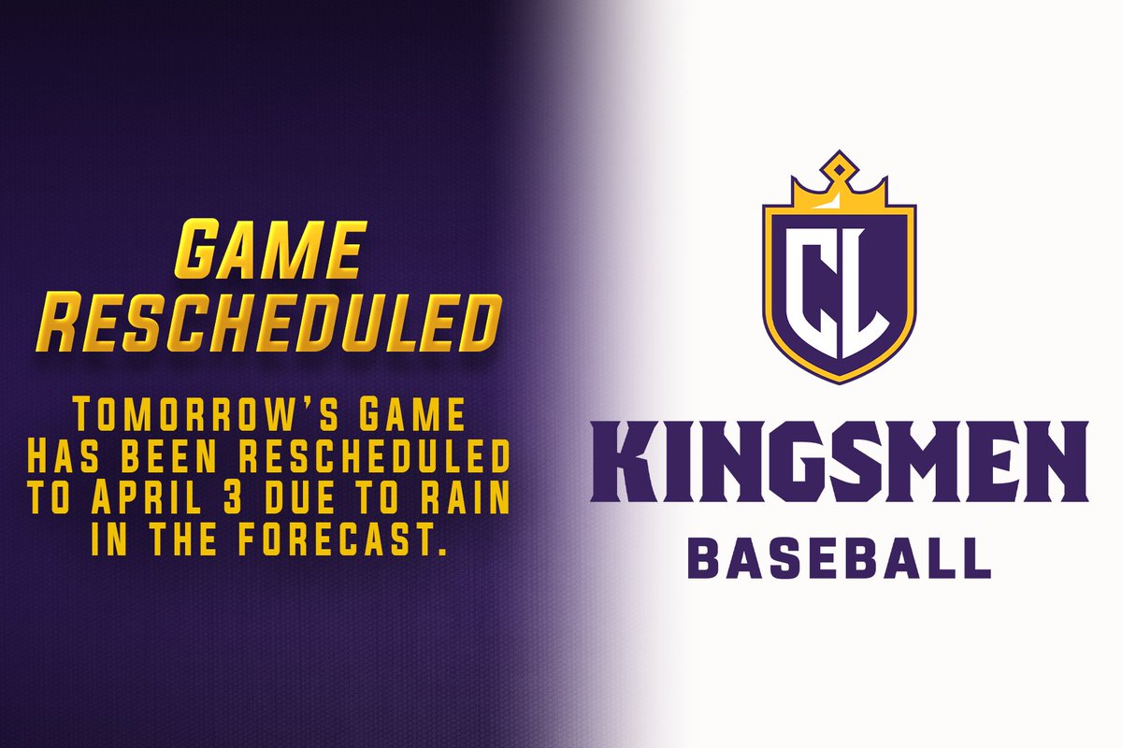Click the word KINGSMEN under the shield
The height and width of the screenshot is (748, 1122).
pyautogui.click(x=839, y=456)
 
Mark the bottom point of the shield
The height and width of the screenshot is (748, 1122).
pyautogui.click(x=839, y=380)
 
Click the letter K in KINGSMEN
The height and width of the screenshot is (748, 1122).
pyautogui.click(x=624, y=456)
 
